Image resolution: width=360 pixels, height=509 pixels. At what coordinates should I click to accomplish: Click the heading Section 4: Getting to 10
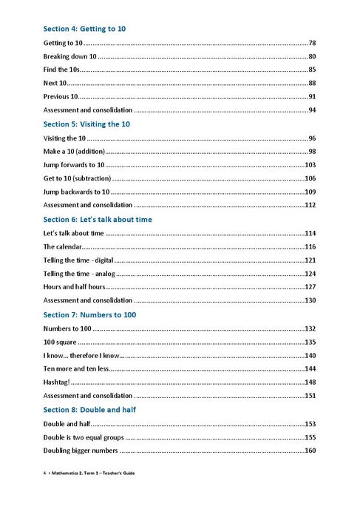click(x=84, y=29)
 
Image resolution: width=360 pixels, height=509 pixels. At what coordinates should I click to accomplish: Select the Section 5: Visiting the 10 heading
click(x=86, y=124)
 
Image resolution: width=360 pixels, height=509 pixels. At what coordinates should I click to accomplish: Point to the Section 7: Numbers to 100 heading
click(x=89, y=315)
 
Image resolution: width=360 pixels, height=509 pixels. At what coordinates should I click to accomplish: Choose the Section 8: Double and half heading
click(x=89, y=410)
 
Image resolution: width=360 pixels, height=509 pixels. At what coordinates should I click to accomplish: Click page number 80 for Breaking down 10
click(x=312, y=57)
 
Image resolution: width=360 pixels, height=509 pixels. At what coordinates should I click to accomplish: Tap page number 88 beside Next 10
click(x=312, y=84)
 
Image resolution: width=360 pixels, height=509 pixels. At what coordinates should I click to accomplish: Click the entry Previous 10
click(x=61, y=97)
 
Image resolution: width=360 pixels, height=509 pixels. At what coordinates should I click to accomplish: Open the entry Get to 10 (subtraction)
click(x=77, y=178)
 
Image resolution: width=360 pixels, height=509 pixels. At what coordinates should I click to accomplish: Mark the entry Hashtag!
click(x=56, y=382)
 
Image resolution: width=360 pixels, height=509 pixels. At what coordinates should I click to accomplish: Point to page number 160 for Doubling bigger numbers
click(x=310, y=451)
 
